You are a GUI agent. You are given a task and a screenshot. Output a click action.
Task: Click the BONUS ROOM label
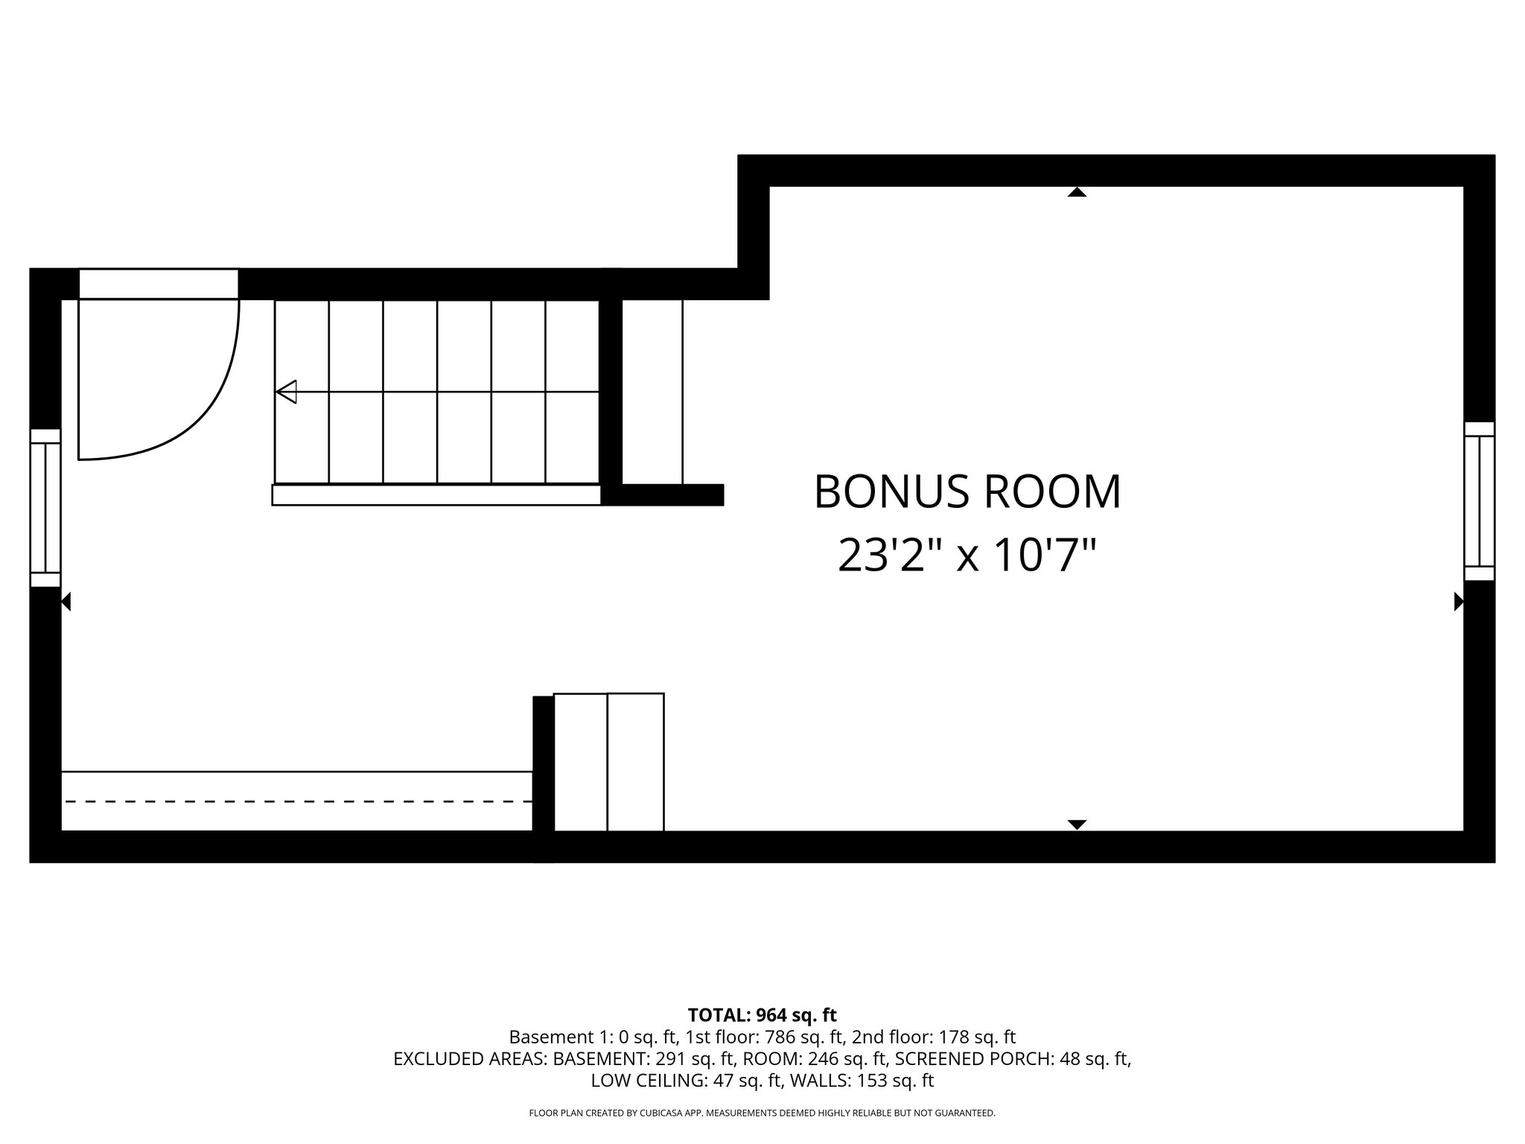(967, 492)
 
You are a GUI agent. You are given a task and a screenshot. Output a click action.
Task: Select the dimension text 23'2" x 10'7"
(967, 556)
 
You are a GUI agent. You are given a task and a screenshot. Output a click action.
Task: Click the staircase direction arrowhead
(287, 392)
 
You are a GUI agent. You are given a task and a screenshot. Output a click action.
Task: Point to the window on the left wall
(45, 508)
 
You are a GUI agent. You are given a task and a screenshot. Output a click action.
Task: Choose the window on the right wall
(1479, 501)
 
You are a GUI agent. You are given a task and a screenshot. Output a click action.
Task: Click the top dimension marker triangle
(1077, 192)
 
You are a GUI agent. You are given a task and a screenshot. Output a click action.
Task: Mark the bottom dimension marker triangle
(1077, 824)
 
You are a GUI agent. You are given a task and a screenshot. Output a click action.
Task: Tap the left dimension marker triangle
(66, 601)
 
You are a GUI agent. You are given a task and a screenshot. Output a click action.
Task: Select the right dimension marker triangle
(1458, 601)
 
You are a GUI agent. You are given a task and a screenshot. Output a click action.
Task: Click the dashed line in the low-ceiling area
(298, 801)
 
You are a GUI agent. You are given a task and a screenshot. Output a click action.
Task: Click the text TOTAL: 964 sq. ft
(762, 1015)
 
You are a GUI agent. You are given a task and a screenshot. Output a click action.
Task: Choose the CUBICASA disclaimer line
(762, 1113)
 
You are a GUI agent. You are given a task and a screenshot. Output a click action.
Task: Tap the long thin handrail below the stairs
(436, 495)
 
